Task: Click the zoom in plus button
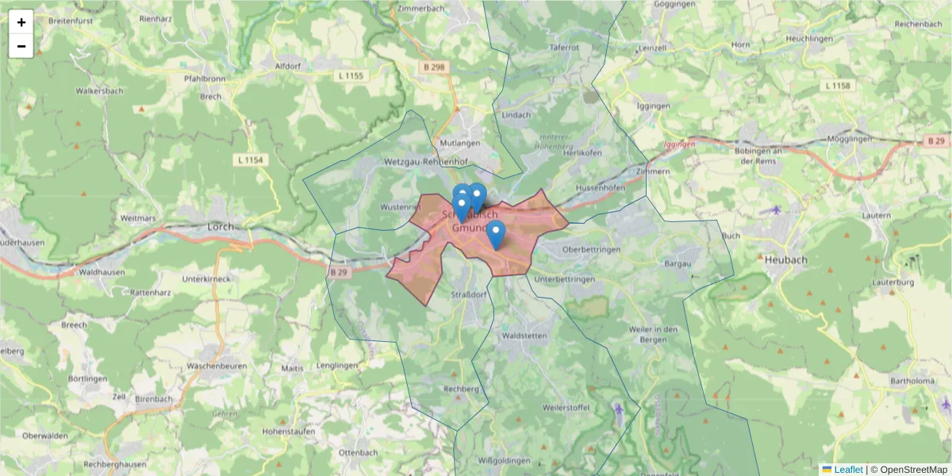[x=21, y=22]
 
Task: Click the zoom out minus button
[x=21, y=46]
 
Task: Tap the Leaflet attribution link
[x=848, y=470]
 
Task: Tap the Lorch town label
[x=221, y=226]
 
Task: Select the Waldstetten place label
[x=525, y=336]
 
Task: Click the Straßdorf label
[x=469, y=294]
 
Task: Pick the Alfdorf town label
[x=287, y=66]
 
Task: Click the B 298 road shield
[x=434, y=68]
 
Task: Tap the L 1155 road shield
[x=350, y=75]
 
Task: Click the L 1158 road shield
[x=837, y=85]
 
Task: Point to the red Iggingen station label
[x=680, y=144]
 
